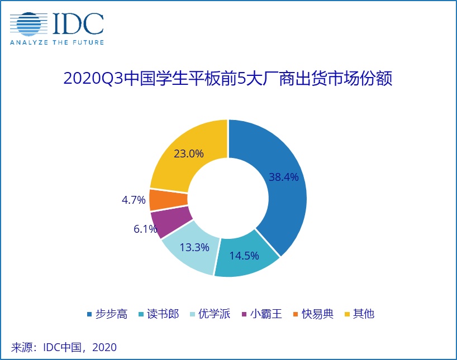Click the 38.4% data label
coord(284,177)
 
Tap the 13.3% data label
coord(195,246)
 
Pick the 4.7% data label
coord(134,199)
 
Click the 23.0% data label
coord(188,152)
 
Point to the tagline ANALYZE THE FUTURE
coord(56,42)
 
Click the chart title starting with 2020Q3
coord(228,79)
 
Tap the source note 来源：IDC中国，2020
coord(64,347)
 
